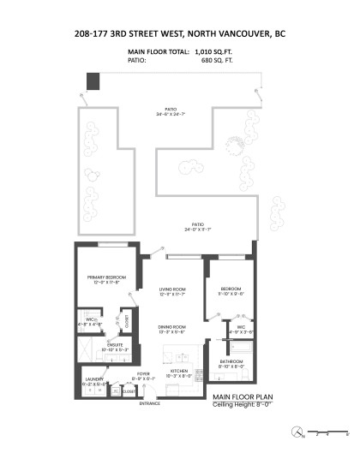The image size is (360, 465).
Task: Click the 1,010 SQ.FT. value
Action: click(x=214, y=53)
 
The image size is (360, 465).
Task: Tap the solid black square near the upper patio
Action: click(x=93, y=80)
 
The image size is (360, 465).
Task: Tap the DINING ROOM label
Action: click(x=173, y=328)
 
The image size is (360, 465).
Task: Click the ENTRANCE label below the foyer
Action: click(x=149, y=403)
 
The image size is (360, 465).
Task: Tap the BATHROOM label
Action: click(x=231, y=363)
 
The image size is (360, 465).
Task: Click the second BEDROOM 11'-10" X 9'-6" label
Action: click(x=231, y=290)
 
